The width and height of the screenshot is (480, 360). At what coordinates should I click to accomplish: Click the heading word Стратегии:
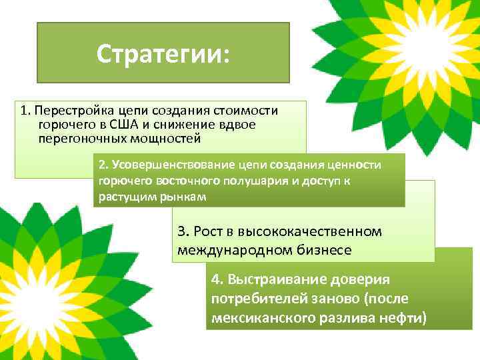[163, 53]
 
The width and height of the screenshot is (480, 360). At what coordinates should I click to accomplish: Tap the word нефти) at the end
[403, 318]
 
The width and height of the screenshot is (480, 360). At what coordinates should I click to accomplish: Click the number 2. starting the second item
[103, 165]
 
